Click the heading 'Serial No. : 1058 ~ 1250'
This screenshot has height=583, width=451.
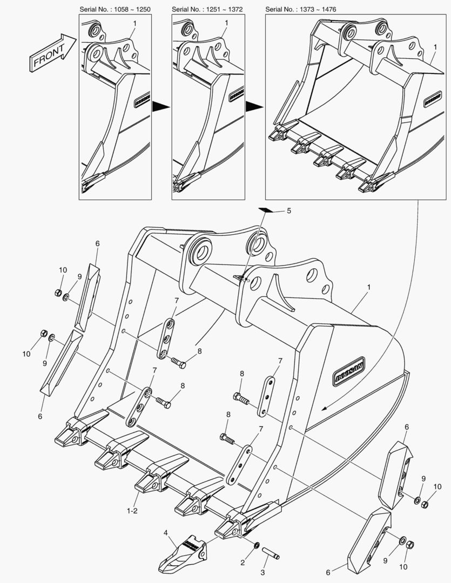pos(115,9)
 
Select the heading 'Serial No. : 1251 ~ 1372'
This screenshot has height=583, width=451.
pos(207,9)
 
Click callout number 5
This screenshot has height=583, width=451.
pos(288,211)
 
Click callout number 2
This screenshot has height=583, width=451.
pos(243,563)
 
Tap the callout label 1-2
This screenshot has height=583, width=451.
pos(132,510)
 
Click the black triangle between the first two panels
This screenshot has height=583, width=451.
pos(161,106)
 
